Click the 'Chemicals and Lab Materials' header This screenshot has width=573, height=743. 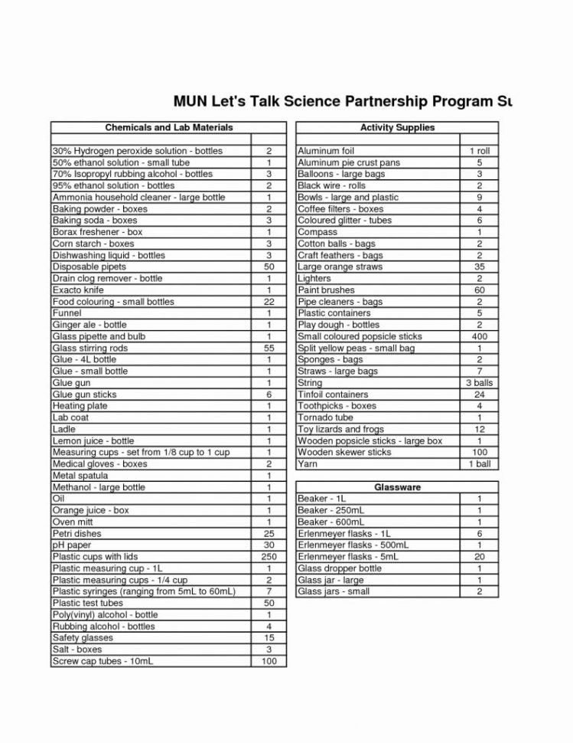tap(168, 127)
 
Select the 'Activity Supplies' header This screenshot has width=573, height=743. tap(397, 127)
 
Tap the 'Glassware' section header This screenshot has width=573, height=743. tap(397, 487)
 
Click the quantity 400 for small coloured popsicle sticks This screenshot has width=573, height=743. tap(479, 337)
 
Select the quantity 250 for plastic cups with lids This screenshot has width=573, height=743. tap(269, 557)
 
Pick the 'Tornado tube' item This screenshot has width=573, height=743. tap(325, 418)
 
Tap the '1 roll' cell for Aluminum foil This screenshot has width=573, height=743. tap(479, 152)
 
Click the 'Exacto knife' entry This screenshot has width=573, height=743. tap(78, 290)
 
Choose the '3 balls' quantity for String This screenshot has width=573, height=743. tap(479, 383)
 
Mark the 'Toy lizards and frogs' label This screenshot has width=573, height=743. tap(341, 430)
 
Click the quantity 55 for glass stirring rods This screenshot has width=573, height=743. tap(269, 349)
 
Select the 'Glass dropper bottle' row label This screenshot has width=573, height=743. tap(340, 569)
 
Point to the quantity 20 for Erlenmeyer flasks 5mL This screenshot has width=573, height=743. tap(479, 557)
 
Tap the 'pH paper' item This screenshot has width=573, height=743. tap(72, 545)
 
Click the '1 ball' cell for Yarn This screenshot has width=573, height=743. tap(479, 464)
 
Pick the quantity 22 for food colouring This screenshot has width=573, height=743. tap(269, 302)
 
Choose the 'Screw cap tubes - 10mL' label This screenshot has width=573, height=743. tap(103, 661)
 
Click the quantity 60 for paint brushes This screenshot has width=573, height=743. tap(479, 290)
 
